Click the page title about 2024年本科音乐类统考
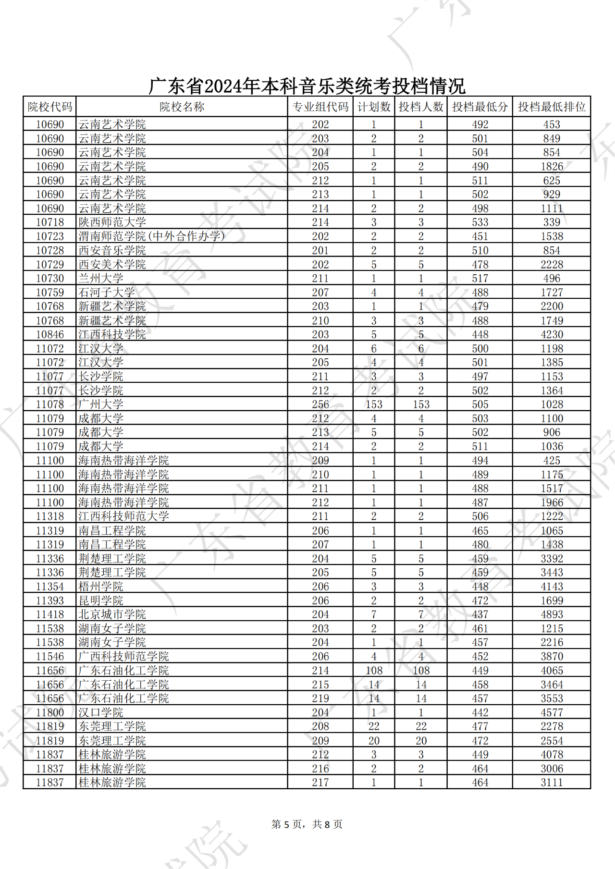(307, 86)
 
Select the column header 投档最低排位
(551, 107)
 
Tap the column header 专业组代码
(320, 107)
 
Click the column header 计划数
(373, 107)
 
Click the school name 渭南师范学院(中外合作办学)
(151, 236)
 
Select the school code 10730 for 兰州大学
(49, 279)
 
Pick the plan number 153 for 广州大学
(373, 404)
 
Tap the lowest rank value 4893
(551, 614)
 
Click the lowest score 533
(480, 222)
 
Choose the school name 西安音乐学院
(112, 250)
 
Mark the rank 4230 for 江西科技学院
(551, 334)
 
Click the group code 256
(320, 404)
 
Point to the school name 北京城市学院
(112, 614)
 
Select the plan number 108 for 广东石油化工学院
(373, 671)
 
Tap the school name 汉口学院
(101, 712)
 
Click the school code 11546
(49, 657)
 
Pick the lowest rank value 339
(551, 222)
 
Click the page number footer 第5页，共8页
(307, 824)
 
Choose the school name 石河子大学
(107, 293)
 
